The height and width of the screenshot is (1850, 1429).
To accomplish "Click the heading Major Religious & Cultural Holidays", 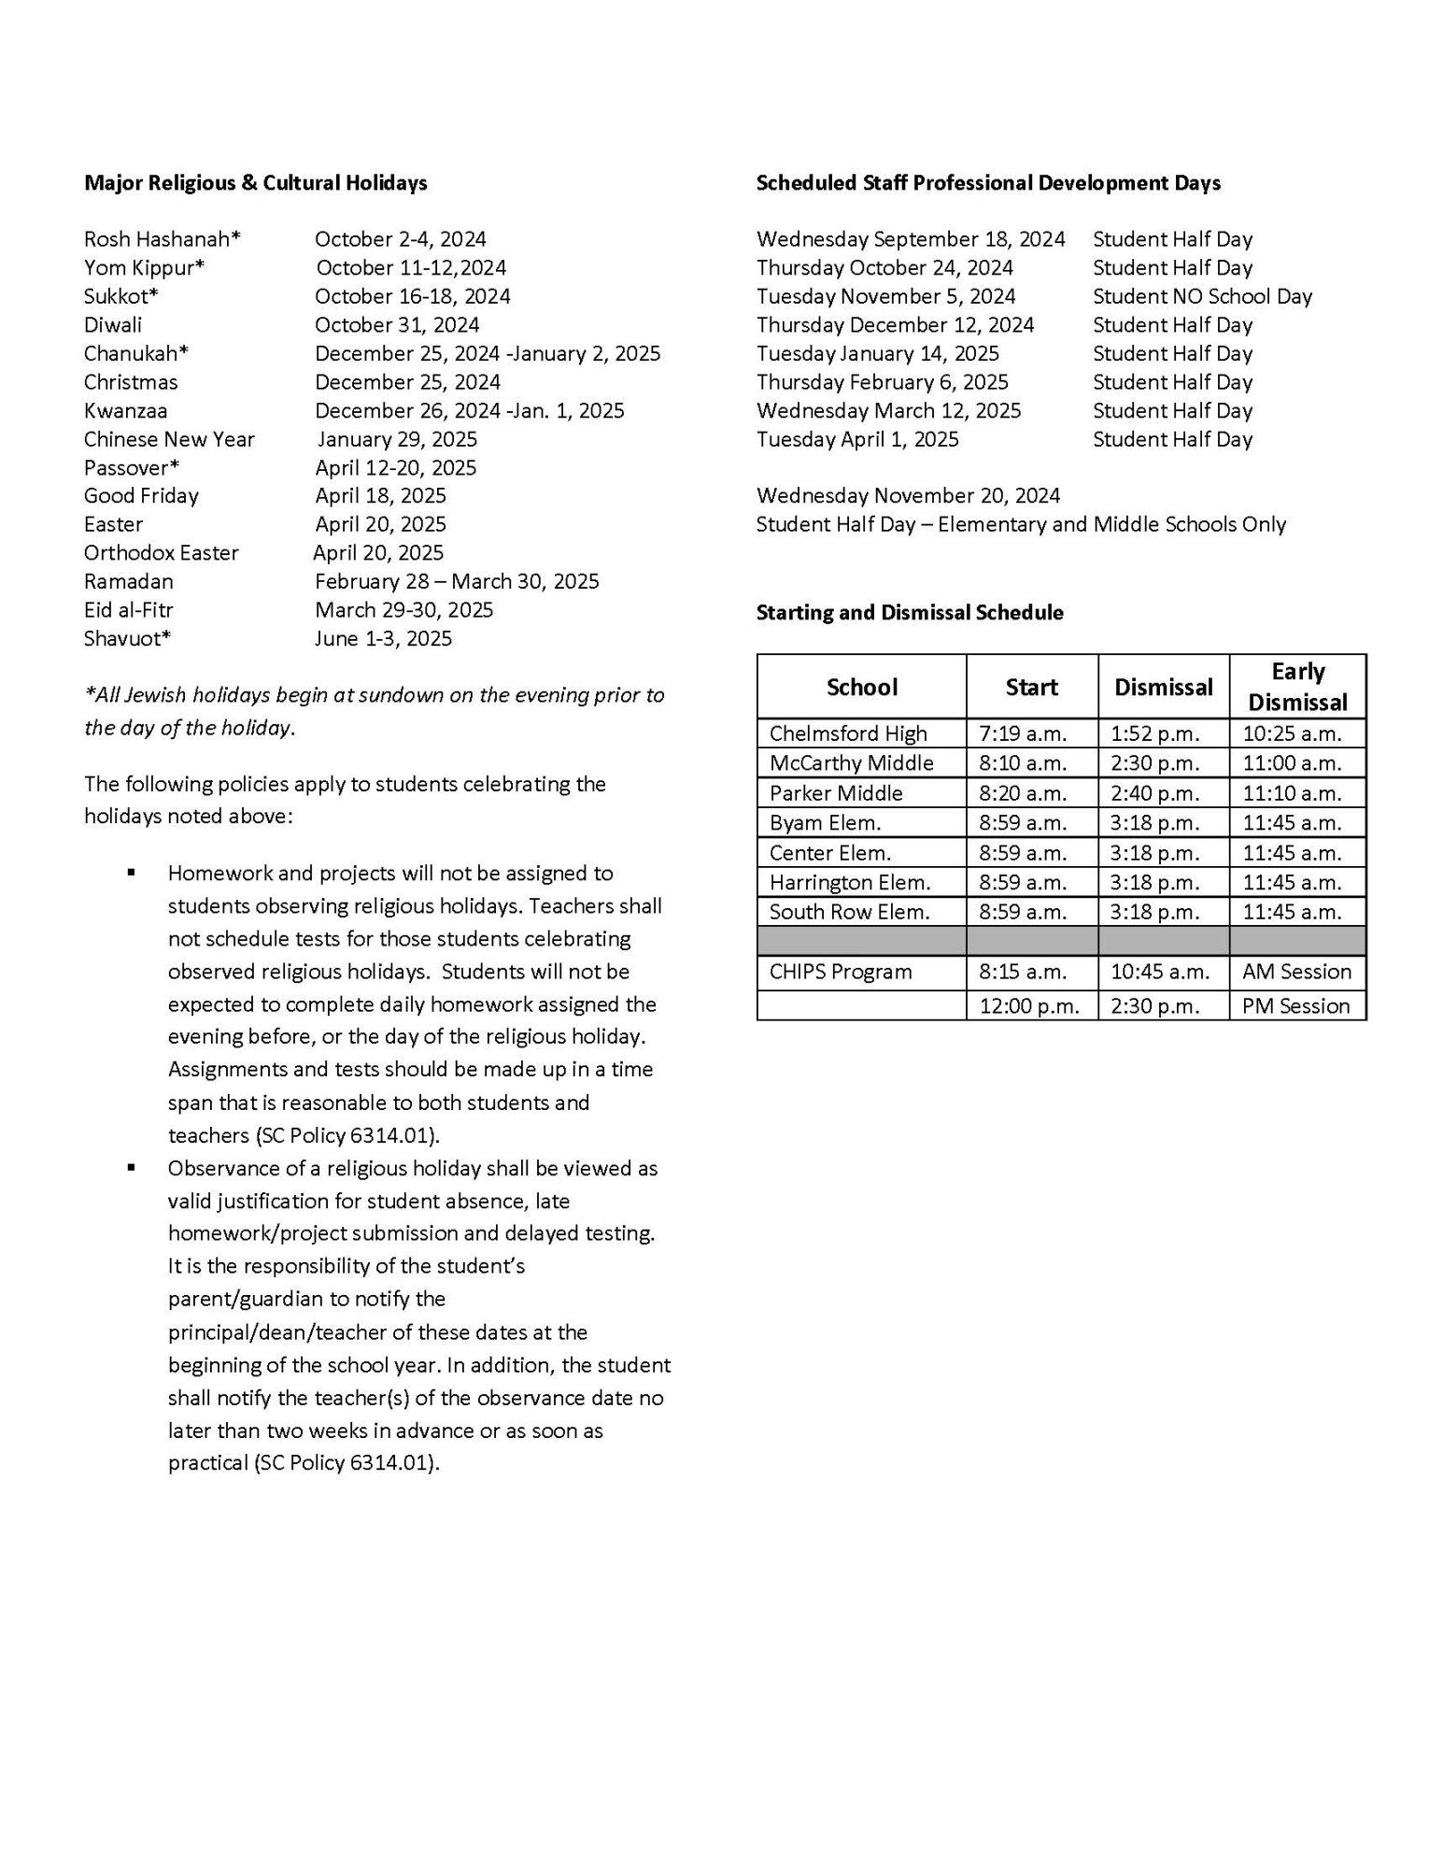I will (255, 183).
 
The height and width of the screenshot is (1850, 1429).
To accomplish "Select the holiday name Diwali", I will (113, 325).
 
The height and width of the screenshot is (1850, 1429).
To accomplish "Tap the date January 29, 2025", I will (397, 439).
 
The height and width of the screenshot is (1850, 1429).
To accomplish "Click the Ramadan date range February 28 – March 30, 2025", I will (457, 581).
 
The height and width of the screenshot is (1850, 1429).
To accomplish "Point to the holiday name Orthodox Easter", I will (161, 553).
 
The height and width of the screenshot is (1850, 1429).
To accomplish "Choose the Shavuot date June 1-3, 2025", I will (383, 638).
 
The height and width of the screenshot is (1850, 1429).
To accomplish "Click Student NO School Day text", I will (1202, 296).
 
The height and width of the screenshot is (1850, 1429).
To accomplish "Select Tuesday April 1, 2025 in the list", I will (857, 439).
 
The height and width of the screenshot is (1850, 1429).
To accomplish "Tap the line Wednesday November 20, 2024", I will (908, 495).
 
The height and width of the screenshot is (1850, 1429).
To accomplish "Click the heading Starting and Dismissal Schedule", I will (909, 613).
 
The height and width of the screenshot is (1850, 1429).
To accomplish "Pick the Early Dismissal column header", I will (1297, 687).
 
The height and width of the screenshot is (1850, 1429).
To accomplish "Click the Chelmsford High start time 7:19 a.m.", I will (1023, 733).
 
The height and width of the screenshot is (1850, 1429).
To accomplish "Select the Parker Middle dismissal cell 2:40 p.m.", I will (1154, 793).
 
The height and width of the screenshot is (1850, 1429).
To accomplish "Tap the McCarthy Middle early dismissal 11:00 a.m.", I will (1292, 763).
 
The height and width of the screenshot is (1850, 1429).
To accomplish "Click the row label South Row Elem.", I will (849, 912).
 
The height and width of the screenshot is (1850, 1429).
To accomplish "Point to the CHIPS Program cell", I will (840, 972).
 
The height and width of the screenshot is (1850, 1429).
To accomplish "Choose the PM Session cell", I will (1295, 1006).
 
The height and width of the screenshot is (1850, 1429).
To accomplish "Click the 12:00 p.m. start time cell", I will (1028, 1006).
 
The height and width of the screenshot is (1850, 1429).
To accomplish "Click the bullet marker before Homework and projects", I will (132, 873).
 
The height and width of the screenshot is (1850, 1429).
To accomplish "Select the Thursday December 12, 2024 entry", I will (895, 325).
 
